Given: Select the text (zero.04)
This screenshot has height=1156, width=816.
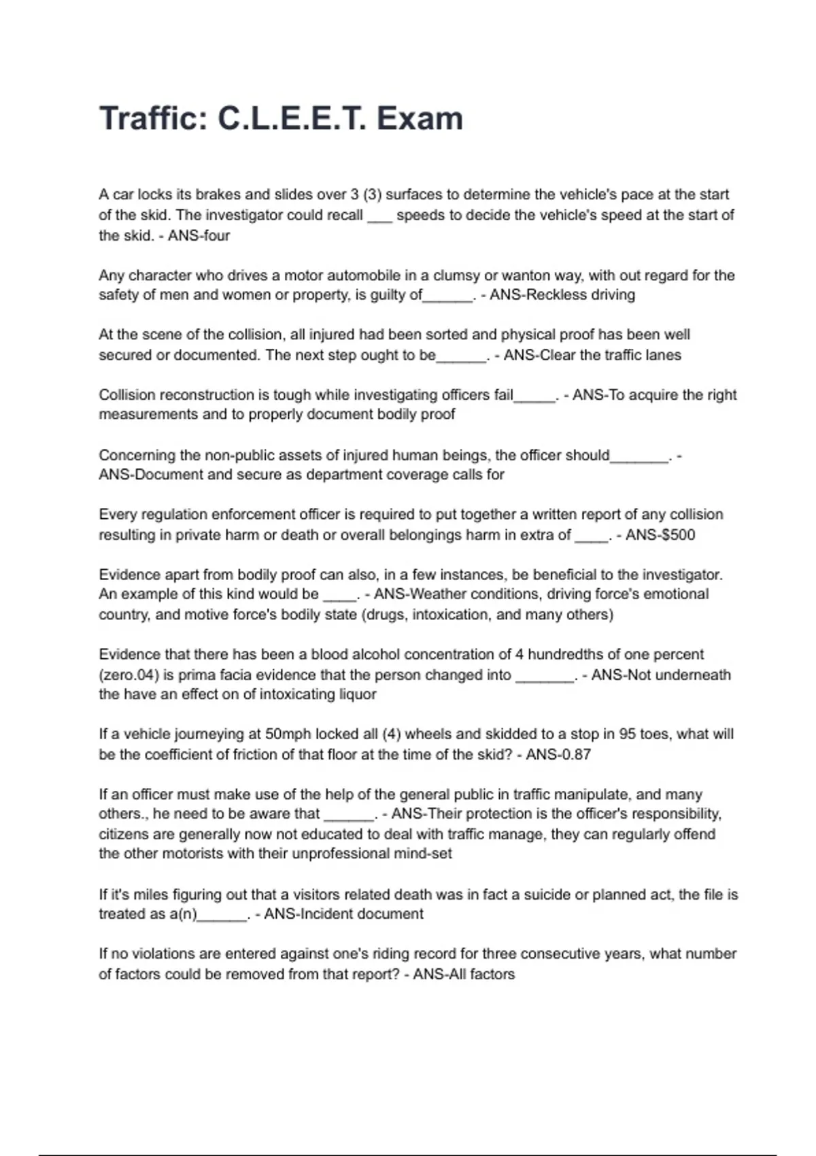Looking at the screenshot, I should click(x=133, y=675).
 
